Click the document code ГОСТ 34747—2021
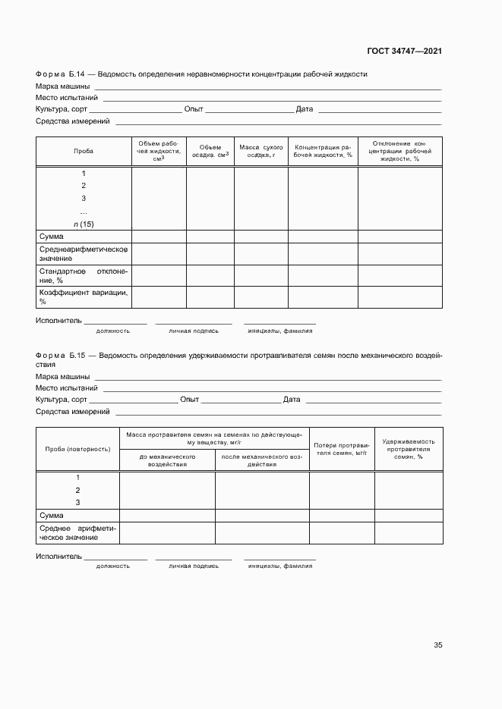(x=406, y=52)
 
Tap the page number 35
(x=437, y=645)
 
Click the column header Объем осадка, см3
(x=210, y=150)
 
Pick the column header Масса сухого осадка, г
(x=260, y=150)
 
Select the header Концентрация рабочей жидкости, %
(x=323, y=150)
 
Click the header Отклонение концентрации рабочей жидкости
(x=399, y=150)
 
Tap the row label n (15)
(x=84, y=224)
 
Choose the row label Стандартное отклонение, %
(x=84, y=275)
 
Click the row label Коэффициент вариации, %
(x=84, y=296)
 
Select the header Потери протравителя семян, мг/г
(x=341, y=448)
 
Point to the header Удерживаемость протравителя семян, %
(x=409, y=448)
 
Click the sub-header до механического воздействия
(x=167, y=460)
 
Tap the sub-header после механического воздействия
(x=262, y=460)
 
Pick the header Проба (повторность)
(x=77, y=448)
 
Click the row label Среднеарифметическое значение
(x=84, y=253)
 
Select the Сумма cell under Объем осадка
(x=210, y=237)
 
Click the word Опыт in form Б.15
(x=189, y=399)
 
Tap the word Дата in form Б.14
(x=305, y=109)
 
